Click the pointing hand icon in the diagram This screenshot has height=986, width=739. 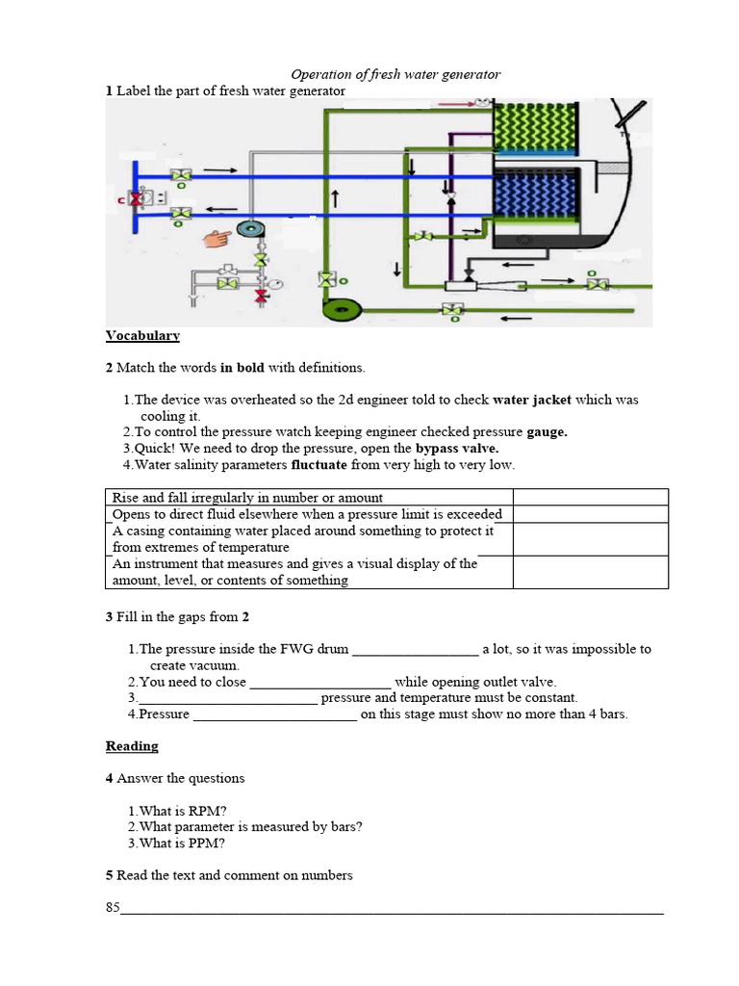click(x=218, y=237)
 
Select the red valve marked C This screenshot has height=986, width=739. click(x=136, y=198)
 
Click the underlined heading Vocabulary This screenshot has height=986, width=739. click(x=142, y=336)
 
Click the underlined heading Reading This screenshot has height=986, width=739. click(x=132, y=746)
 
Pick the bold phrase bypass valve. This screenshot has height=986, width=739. click(x=457, y=449)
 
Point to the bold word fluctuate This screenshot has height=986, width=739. click(x=323, y=465)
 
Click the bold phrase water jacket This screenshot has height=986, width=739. click(x=531, y=400)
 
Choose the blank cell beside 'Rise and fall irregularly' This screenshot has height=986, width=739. click(x=590, y=498)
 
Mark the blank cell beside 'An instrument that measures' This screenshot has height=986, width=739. click(x=590, y=572)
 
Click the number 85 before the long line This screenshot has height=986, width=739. click(x=113, y=907)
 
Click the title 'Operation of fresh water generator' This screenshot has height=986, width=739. click(x=395, y=74)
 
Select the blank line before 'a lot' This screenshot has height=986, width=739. click(x=415, y=650)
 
